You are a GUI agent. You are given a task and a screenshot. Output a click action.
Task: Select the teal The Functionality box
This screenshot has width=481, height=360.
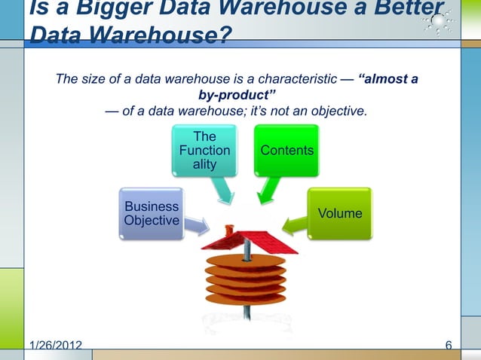204,151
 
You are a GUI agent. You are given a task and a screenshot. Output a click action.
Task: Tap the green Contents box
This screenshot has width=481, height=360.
286,151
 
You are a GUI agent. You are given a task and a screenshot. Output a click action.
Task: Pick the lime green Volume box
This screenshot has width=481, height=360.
339,213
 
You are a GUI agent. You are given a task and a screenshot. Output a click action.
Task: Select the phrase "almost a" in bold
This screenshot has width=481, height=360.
389,79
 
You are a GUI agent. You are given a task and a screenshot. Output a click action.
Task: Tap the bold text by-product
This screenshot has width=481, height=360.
237,96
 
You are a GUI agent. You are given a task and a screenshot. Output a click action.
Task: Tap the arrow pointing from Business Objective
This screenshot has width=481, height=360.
197,224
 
